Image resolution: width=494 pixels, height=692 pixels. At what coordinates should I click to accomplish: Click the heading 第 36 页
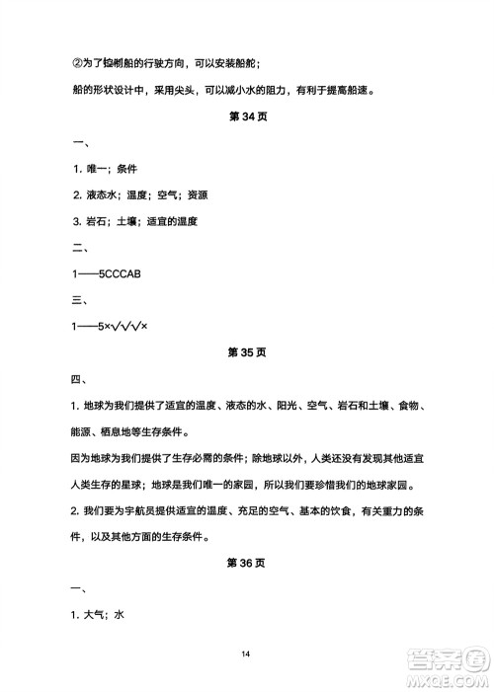click(x=247, y=563)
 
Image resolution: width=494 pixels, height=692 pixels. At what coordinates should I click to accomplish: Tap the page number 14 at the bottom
click(x=247, y=654)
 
